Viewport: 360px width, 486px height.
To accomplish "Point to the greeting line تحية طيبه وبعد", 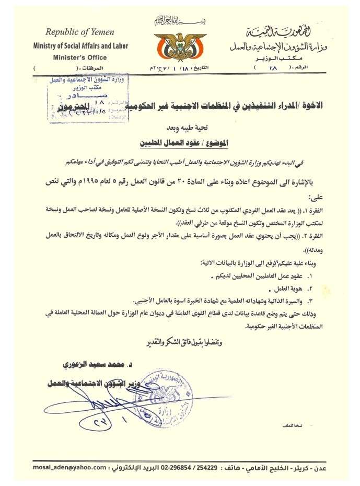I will click(x=180, y=126).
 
